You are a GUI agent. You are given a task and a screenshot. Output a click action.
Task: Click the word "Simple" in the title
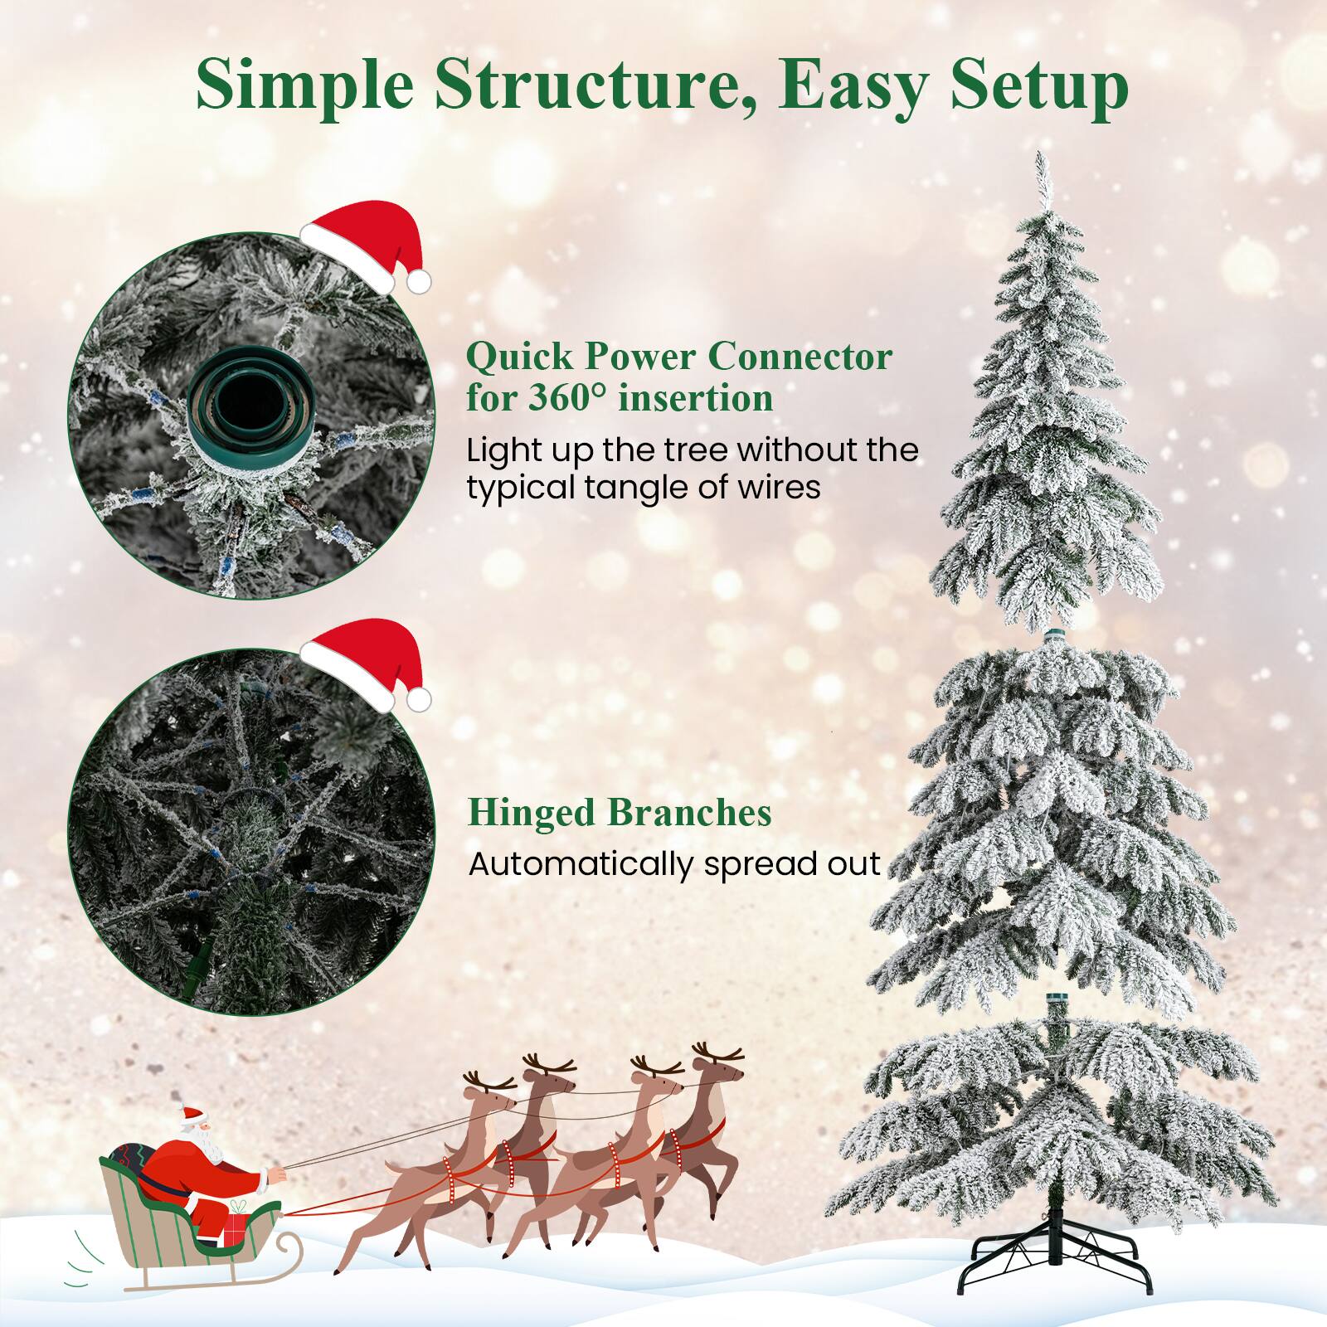coord(304,85)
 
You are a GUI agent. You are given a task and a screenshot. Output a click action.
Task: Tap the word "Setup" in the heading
coord(1039,85)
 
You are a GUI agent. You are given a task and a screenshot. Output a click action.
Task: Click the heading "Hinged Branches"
coord(620,813)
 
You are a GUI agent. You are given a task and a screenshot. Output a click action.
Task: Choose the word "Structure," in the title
coord(594,85)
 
